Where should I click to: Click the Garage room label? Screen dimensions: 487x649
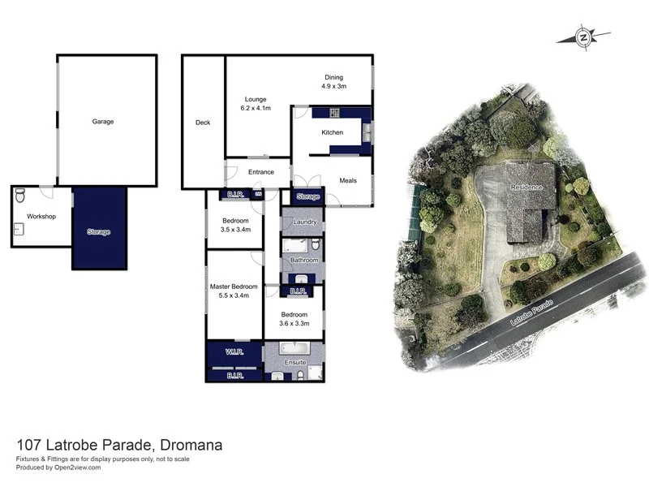click(102, 122)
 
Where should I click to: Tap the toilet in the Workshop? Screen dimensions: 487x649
click(20, 195)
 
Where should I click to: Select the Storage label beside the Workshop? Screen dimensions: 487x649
click(98, 232)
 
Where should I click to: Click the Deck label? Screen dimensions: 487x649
click(203, 123)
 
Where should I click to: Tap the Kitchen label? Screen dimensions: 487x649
click(333, 132)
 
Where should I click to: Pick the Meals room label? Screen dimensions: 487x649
click(348, 180)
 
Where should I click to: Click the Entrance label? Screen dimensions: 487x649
click(261, 172)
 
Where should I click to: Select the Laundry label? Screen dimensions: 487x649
click(304, 222)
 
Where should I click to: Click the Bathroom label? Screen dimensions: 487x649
click(304, 261)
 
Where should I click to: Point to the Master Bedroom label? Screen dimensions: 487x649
click(234, 287)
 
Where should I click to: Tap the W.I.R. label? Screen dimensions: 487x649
click(234, 352)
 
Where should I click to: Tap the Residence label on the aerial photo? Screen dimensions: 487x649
click(527, 187)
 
